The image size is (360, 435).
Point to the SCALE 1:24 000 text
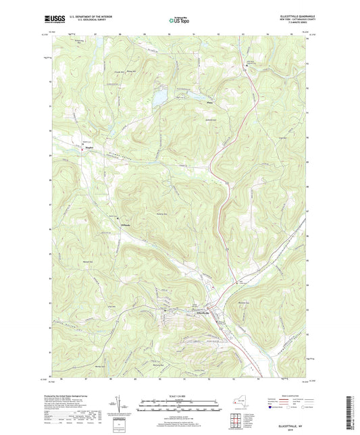coord(179,396)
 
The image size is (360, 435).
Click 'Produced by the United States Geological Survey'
coord(76,397)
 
